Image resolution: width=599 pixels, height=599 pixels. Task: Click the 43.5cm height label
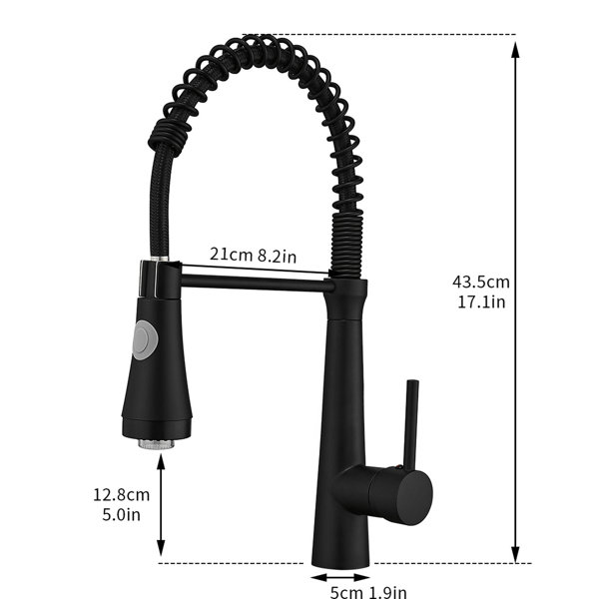(x=481, y=282)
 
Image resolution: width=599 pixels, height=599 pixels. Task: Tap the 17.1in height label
(x=481, y=301)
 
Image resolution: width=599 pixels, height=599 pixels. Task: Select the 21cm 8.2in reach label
(x=253, y=255)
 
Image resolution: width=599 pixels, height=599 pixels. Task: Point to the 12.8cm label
(x=122, y=495)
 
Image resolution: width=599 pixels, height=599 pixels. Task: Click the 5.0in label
(x=121, y=514)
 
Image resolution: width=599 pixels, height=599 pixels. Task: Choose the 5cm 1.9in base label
(x=368, y=592)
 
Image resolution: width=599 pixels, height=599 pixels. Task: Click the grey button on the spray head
(x=144, y=339)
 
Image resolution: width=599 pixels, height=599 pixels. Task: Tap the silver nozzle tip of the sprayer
(x=157, y=444)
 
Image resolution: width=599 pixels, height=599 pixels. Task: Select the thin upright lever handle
(x=411, y=425)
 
